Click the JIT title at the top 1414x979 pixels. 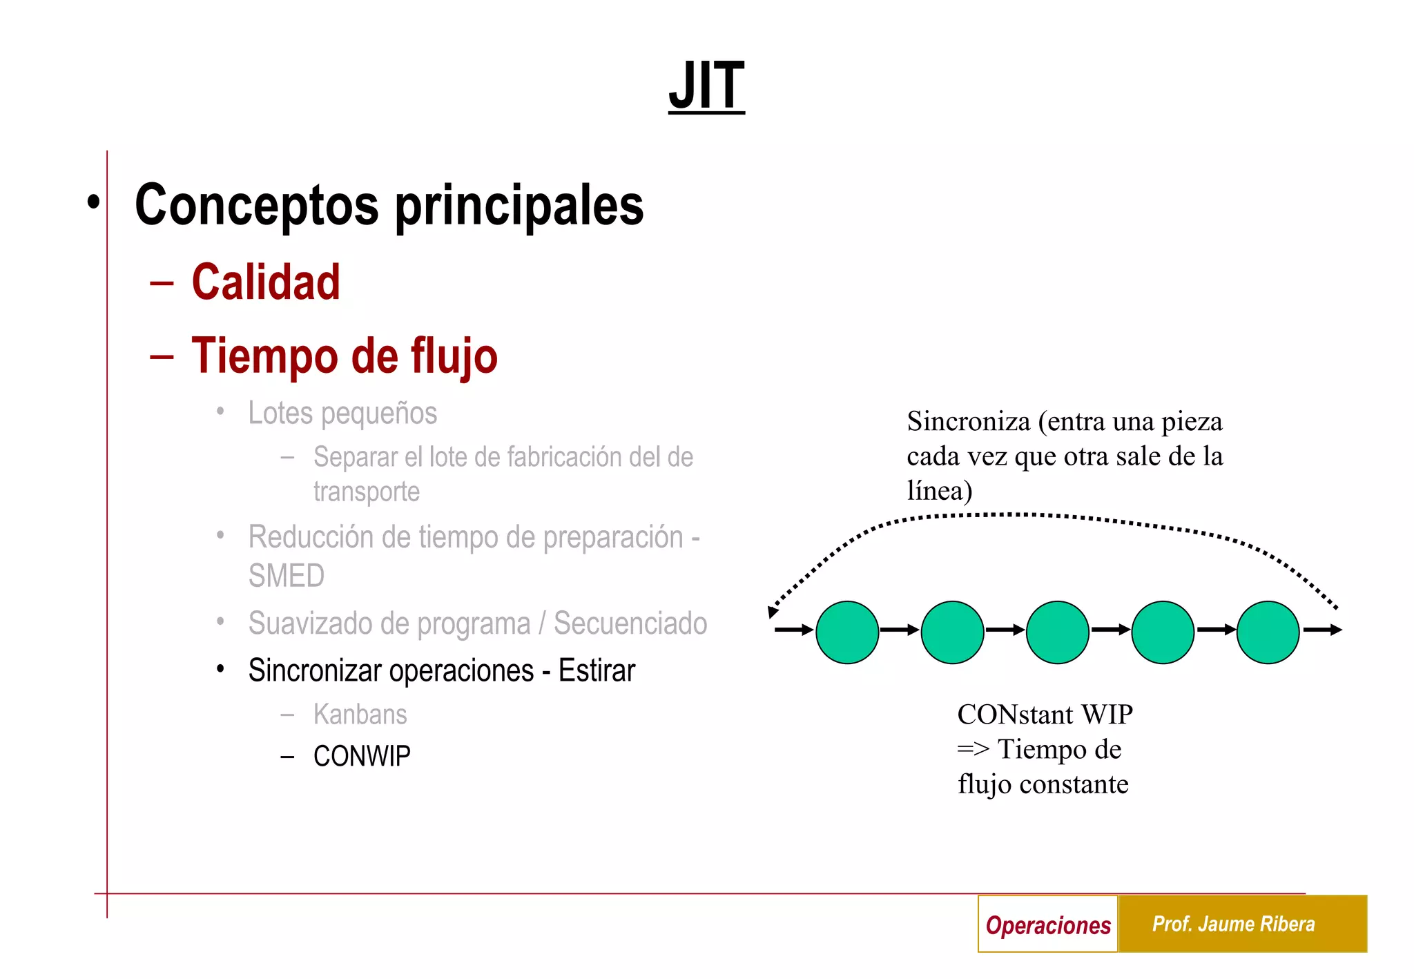(706, 86)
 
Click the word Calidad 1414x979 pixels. (266, 282)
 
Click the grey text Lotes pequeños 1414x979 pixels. (342, 414)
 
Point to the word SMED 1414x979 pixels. (286, 576)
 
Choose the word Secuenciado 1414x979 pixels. (630, 623)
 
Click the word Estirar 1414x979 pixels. (597, 670)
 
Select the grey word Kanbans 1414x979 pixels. (360, 715)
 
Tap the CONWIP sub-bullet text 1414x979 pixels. (362, 756)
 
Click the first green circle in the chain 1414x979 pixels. (847, 632)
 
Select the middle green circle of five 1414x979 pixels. (1058, 632)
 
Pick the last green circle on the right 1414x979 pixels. (1268, 632)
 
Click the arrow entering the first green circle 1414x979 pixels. (793, 630)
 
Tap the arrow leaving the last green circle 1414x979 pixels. (1322, 630)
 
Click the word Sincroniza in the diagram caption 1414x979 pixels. (968, 422)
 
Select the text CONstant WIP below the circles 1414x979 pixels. (1045, 715)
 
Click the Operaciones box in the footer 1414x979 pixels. (1047, 924)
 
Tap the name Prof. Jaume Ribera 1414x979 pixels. (1233, 924)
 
